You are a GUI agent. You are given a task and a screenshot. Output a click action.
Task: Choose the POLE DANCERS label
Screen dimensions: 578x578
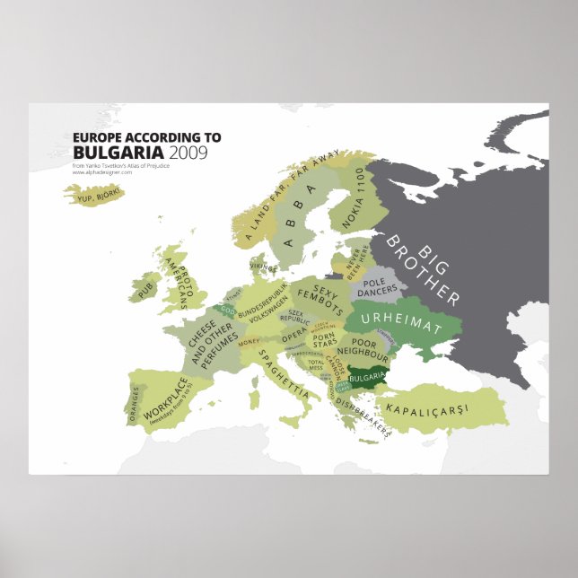tap(377, 286)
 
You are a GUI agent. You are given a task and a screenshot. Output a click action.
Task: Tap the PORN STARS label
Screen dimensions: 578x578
tap(325, 339)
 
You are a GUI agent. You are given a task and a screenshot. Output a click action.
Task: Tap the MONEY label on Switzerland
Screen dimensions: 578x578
tap(249, 342)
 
